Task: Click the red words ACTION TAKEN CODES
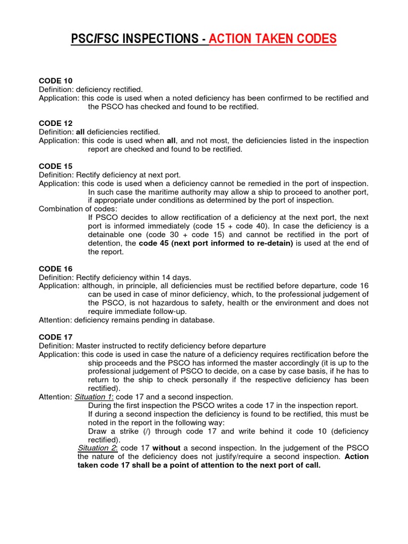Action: click(x=273, y=39)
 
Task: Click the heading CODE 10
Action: click(x=56, y=81)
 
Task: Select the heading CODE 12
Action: click(x=56, y=123)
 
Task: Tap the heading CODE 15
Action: click(x=56, y=166)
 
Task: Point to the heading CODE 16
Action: click(x=56, y=269)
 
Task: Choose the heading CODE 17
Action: click(x=56, y=337)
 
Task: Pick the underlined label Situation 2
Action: click(x=97, y=448)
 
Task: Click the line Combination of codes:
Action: click(x=77, y=209)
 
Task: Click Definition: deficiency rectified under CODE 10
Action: click(x=91, y=89)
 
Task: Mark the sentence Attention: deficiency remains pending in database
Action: click(x=126, y=320)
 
